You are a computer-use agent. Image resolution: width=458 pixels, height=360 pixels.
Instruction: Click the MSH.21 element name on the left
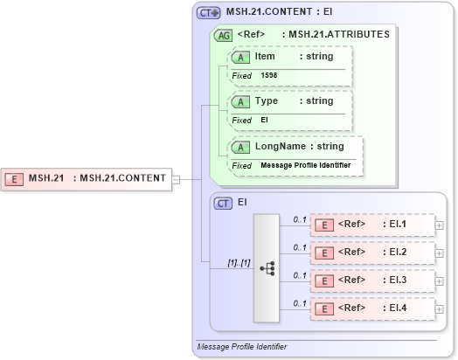46,179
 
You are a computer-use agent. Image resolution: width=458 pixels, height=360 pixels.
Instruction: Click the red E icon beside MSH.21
15,179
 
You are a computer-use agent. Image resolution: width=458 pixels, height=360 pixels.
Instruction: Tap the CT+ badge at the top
208,12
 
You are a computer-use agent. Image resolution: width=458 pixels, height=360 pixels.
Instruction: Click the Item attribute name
265,57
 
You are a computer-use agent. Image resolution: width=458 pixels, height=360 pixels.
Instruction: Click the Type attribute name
266,101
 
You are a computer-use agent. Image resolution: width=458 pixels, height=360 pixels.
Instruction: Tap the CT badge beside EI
223,202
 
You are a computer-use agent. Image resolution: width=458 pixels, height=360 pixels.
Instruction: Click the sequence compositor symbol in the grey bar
266,267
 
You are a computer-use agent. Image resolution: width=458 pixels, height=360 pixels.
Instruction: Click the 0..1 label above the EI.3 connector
299,275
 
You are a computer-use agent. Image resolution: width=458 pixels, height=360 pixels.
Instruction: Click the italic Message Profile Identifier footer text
241,347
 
